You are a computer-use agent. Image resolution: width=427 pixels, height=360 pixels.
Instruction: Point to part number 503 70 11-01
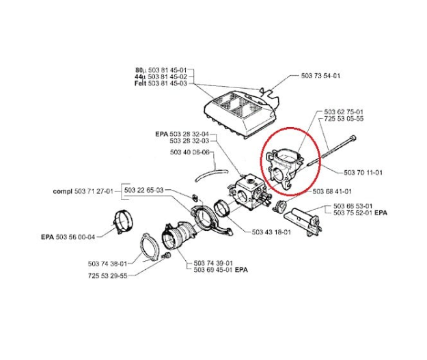point(363,172)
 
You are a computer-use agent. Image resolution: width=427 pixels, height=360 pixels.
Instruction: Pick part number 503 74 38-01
point(108,263)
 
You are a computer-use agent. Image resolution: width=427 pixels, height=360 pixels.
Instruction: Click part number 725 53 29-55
point(108,277)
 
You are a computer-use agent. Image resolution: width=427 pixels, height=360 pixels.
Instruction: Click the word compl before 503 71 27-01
point(63,192)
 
